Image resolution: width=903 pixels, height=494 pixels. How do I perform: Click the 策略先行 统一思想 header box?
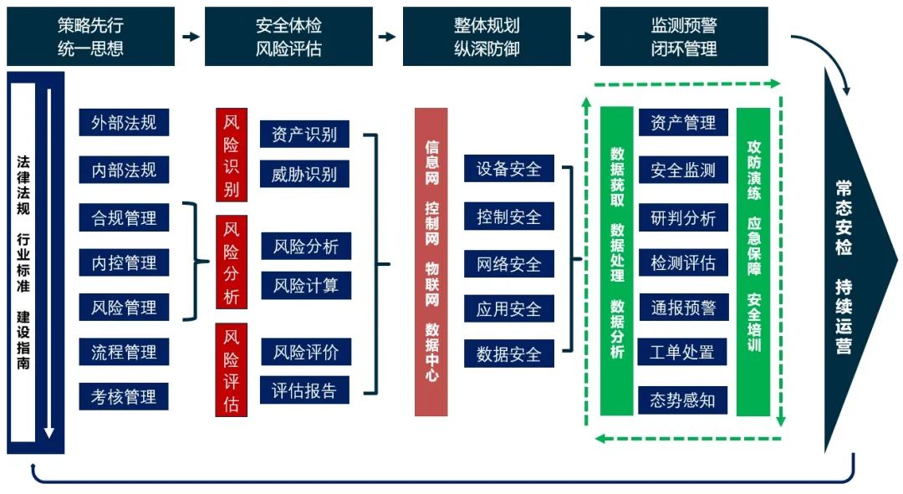[x=90, y=37]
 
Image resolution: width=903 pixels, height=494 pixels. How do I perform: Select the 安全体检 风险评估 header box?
[x=288, y=37]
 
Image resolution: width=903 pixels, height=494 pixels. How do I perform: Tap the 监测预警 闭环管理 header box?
[x=684, y=37]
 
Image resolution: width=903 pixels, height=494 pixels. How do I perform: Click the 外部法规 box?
[x=124, y=123]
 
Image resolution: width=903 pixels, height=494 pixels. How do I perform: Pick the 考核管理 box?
[x=124, y=396]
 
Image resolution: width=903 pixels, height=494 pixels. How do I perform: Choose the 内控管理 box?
[x=124, y=262]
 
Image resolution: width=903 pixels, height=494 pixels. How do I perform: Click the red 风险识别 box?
[x=232, y=155]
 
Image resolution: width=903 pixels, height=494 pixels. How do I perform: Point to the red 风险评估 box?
[x=232, y=369]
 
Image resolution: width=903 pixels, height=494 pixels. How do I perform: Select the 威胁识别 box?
[x=304, y=174]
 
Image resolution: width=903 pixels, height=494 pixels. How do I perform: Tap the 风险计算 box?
[x=306, y=285]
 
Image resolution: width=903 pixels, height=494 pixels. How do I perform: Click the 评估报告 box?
[x=304, y=390]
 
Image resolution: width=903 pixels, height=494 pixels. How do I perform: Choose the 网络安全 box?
[x=509, y=264]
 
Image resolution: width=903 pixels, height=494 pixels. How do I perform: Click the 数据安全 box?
[x=509, y=354]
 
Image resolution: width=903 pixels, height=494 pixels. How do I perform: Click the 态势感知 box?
[x=682, y=400]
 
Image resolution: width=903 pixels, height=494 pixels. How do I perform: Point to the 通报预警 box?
[x=682, y=308]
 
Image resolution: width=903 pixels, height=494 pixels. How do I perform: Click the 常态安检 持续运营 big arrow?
[x=853, y=261]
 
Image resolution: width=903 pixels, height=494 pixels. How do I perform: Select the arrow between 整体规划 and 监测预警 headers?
[x=585, y=37]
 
